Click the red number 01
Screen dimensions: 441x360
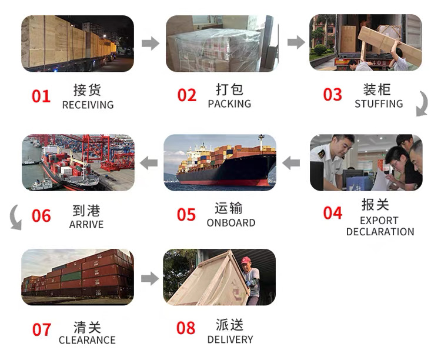(41, 96)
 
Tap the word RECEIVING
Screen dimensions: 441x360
(88, 105)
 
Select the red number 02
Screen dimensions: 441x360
(187, 95)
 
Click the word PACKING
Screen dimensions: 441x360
(229, 104)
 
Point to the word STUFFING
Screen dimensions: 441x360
(379, 104)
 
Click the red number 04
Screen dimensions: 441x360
(333, 213)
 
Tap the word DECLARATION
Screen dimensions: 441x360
(380, 232)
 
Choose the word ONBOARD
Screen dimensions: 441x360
(231, 223)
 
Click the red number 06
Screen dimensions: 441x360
(41, 216)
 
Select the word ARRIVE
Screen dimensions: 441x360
(86, 225)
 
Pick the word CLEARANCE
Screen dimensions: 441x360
(87, 340)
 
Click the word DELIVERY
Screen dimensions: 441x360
(230, 340)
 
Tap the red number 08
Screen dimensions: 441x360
(186, 328)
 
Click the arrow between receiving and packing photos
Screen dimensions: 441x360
(151, 43)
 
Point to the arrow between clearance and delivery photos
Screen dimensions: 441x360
(150, 279)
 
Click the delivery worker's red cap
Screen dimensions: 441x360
(246, 261)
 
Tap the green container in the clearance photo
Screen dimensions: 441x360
(71, 276)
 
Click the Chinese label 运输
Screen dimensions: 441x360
(229, 209)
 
